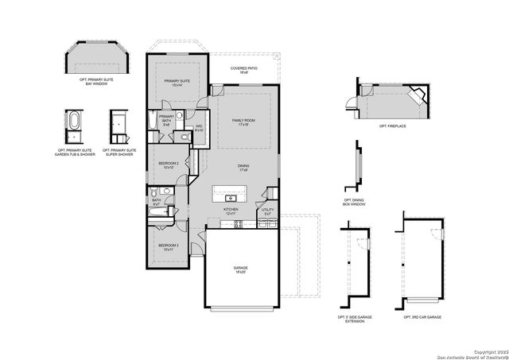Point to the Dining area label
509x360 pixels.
click(243, 168)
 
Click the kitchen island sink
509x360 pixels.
click(231, 197)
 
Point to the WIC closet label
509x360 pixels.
click(200, 128)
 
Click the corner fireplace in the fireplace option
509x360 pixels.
click(415, 96)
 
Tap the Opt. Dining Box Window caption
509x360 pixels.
click(355, 203)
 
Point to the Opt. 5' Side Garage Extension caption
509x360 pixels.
click(354, 319)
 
